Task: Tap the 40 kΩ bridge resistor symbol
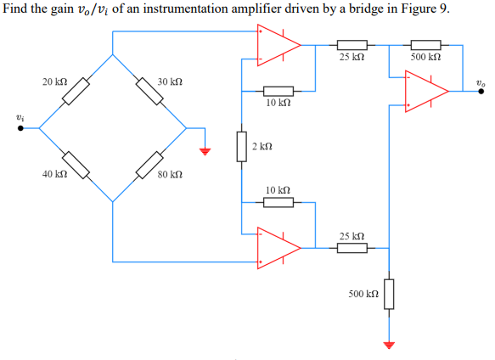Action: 75,165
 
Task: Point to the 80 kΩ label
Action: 170,175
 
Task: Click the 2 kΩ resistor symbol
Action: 243,146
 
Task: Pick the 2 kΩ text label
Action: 262,146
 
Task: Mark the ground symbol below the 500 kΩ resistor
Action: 389,345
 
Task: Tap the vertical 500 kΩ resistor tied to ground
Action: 389,295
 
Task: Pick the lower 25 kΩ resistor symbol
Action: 352,248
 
